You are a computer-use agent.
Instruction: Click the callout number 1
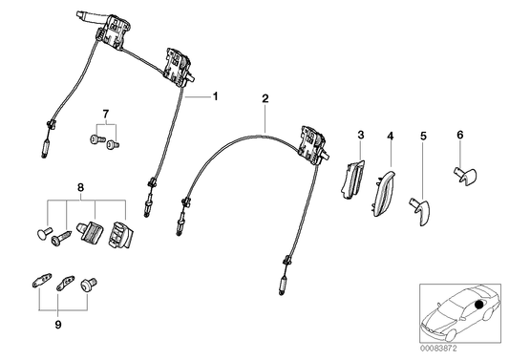point(216,96)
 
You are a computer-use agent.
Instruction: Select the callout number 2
point(265,98)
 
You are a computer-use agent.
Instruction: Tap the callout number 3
point(361,137)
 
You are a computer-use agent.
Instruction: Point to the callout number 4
point(390,137)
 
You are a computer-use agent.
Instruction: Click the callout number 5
point(422,137)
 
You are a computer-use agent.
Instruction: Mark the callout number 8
point(80,190)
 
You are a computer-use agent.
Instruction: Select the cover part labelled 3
point(351,180)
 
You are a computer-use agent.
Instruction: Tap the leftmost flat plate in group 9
point(37,284)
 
